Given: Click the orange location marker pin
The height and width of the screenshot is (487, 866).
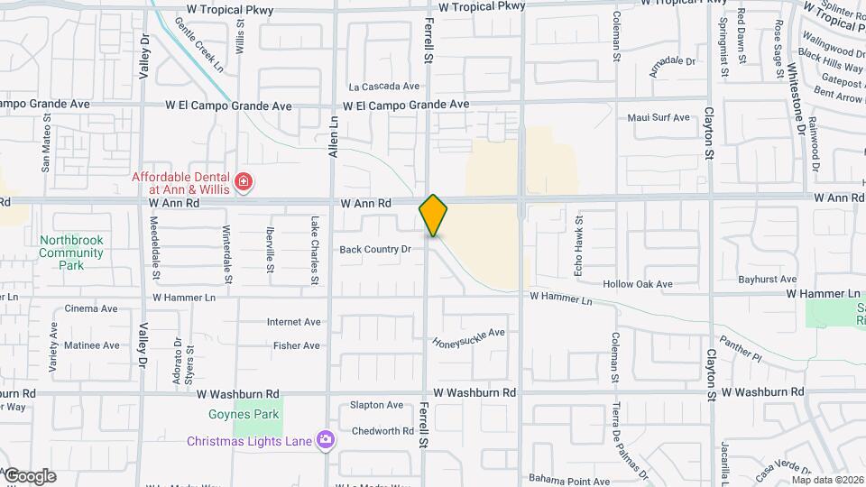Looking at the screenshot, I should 433,216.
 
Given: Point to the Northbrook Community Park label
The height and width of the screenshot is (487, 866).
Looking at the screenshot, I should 71,253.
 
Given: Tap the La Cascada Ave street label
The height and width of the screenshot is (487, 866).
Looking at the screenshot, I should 384,87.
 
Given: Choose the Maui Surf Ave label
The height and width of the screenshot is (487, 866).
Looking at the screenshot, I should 659,117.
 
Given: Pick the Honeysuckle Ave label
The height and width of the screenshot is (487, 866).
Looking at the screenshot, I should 469,337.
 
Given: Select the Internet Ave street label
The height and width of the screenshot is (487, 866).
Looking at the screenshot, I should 293,322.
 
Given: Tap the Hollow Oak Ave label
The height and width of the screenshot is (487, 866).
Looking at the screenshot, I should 638,284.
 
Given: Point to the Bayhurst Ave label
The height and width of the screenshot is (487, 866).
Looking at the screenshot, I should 767,280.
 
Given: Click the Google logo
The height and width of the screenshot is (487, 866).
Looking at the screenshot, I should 29,475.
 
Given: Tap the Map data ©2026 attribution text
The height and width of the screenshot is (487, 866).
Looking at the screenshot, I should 827,480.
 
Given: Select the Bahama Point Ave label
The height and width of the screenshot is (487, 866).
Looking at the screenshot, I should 570,481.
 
